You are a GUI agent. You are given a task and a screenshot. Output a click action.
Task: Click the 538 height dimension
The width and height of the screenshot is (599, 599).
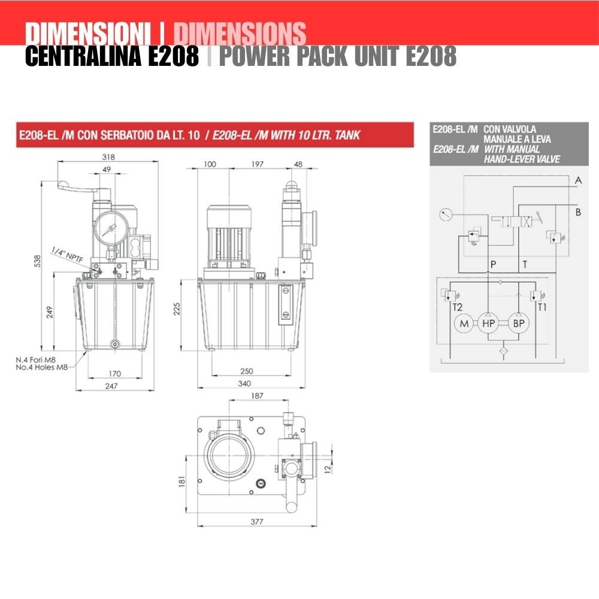37,261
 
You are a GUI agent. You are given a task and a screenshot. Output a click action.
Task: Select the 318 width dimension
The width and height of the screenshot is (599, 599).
108,156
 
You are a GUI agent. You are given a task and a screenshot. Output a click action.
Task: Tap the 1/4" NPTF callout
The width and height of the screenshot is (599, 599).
67,255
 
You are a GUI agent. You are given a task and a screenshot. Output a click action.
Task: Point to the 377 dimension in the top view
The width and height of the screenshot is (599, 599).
257,522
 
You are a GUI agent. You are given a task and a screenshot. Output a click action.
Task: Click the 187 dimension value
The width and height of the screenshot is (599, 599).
257,396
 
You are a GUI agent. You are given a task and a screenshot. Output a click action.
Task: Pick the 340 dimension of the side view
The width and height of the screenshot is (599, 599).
244,383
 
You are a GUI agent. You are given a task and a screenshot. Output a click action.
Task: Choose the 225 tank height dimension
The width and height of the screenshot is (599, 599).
177,308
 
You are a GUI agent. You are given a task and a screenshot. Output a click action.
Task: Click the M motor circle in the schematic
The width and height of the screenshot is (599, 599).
464,323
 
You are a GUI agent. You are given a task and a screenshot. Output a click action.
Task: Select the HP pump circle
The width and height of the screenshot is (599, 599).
489,323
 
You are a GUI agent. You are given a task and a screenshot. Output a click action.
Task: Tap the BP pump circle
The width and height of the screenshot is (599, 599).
518,323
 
